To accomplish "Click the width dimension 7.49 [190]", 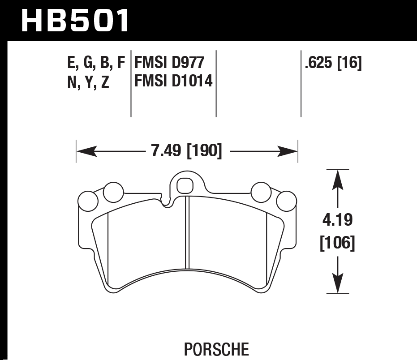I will [x=187, y=151].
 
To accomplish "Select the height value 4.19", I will [x=337, y=220].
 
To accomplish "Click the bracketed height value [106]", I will [x=337, y=244].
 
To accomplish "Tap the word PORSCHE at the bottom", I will [x=216, y=348].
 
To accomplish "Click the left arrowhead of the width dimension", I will [x=86, y=151].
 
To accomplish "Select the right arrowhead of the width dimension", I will [x=288, y=151].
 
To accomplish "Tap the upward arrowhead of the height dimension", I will [x=338, y=179].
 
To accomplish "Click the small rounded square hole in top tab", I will [x=185, y=185].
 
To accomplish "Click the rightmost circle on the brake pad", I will [x=286, y=201].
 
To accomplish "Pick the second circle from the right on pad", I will [x=261, y=193].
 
